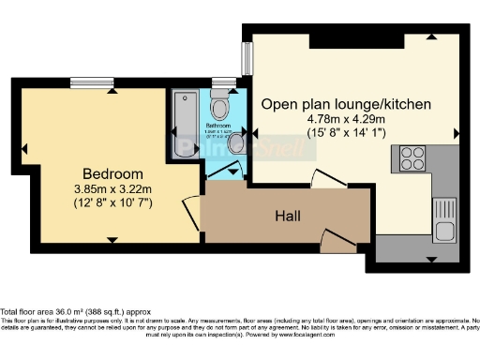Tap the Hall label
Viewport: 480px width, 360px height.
tap(288, 217)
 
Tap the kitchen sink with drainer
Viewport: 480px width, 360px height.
tap(443, 217)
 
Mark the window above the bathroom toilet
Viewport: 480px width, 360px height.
tap(223, 82)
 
